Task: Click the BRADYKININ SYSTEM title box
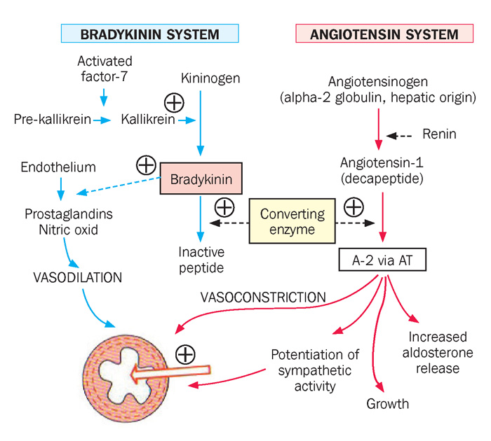[x=149, y=34]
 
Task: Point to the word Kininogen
[x=210, y=78]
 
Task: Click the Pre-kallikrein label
[x=52, y=120]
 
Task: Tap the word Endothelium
[x=58, y=169]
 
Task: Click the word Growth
[x=387, y=404]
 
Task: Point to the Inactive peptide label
[x=201, y=260]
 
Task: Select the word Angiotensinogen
[x=379, y=80]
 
